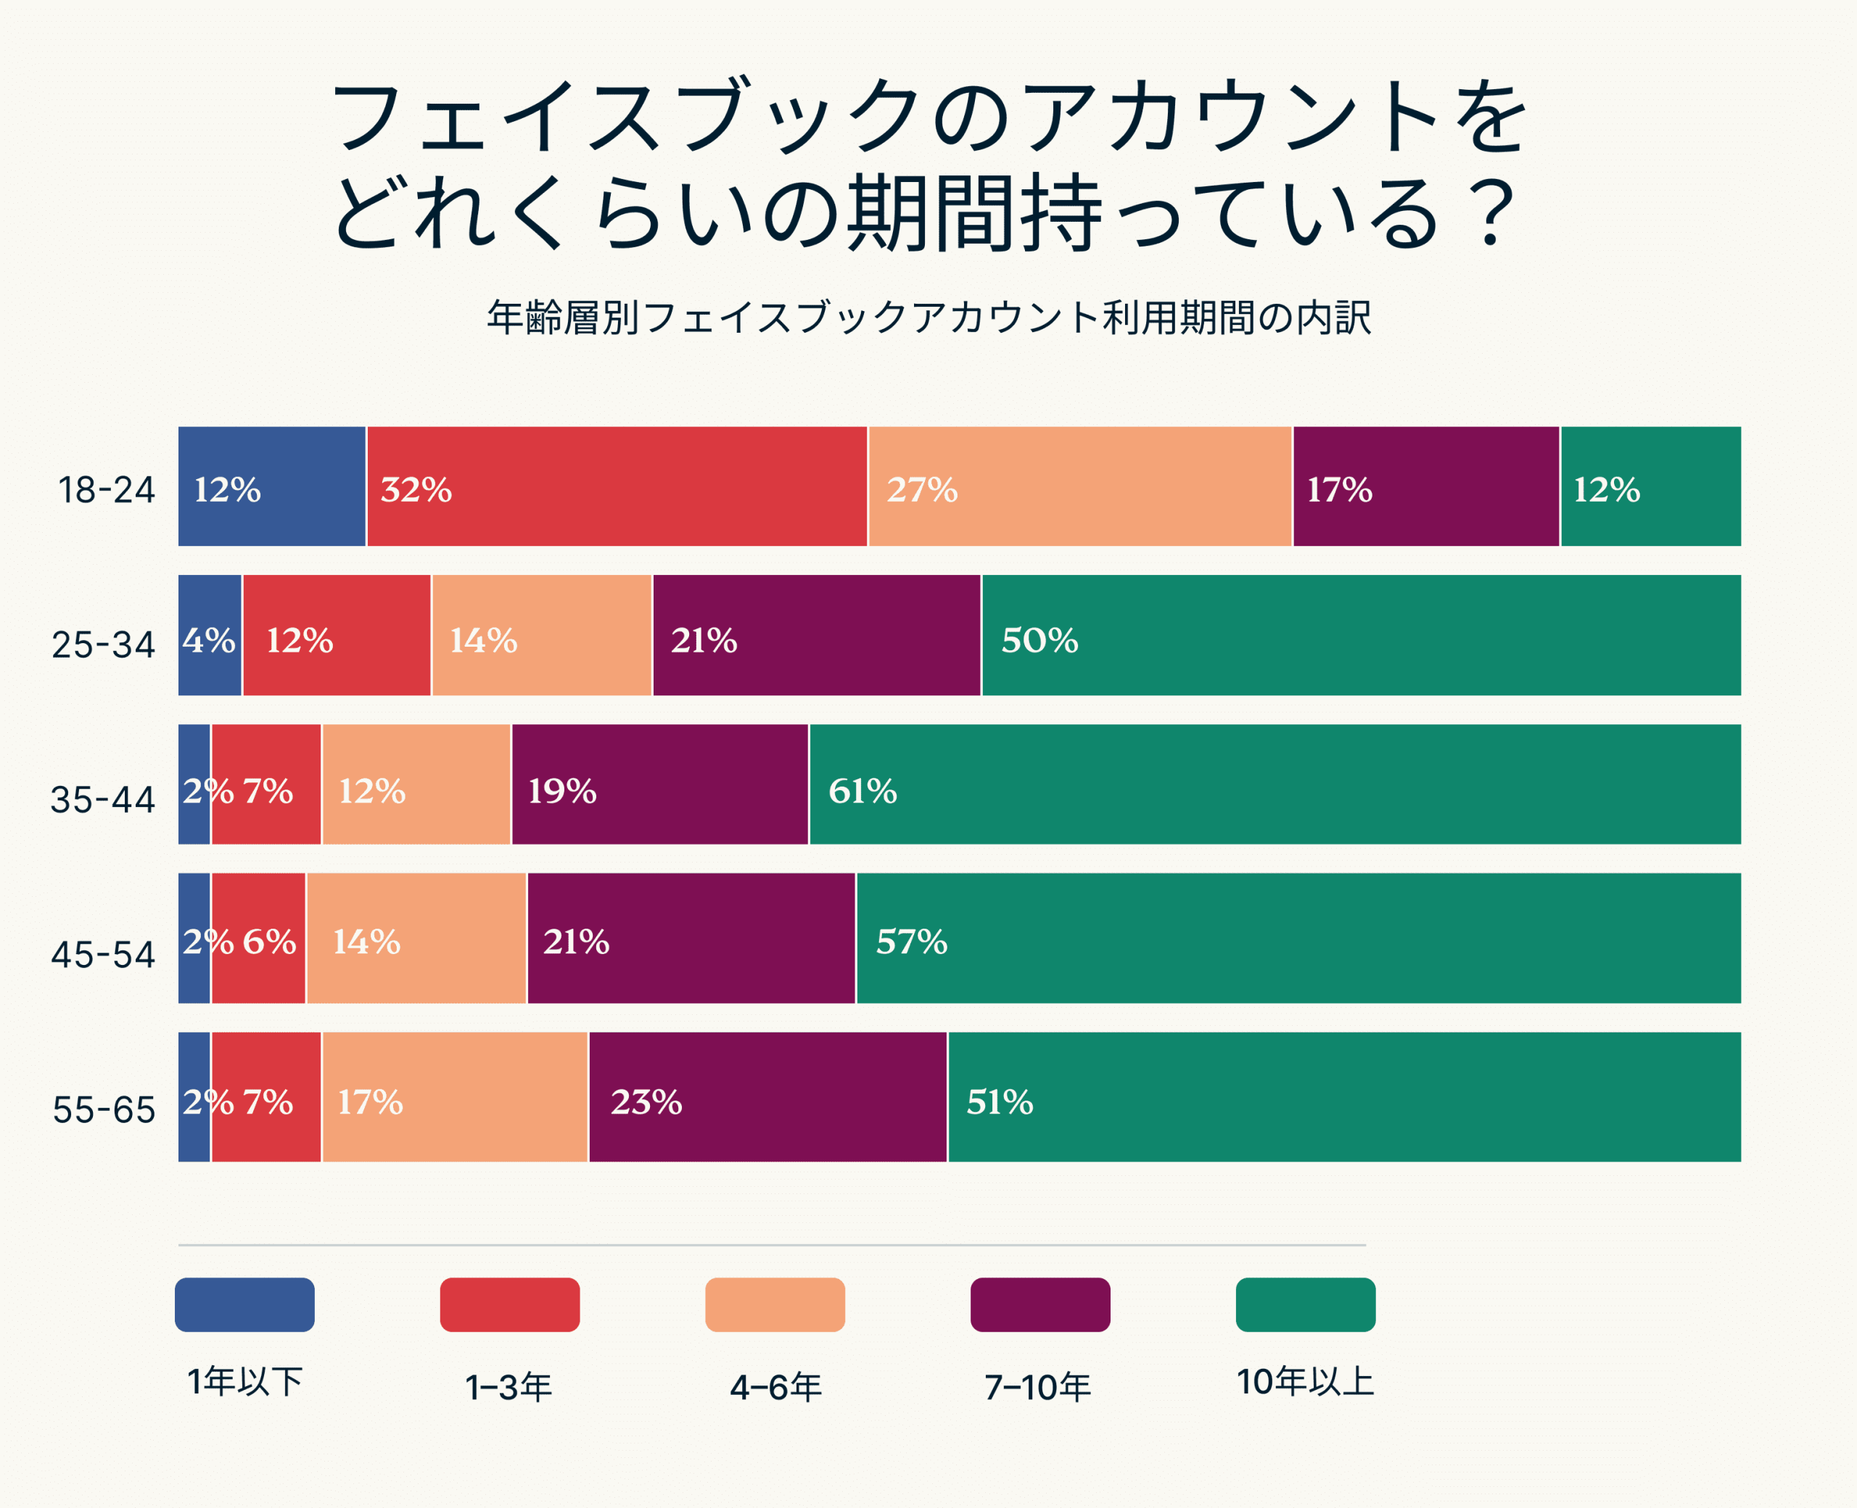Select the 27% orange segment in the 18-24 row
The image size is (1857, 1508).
tap(1079, 486)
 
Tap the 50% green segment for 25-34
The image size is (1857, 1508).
tap(1361, 635)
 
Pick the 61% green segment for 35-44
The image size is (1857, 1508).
tap(1275, 784)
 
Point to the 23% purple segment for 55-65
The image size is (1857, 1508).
tap(767, 1097)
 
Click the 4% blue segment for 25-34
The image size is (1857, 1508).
tap(210, 635)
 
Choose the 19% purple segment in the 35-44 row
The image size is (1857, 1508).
tap(659, 784)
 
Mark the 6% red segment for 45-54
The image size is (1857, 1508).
tap(259, 938)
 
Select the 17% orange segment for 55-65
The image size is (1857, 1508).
tap(455, 1097)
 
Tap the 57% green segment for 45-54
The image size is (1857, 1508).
tap(1298, 938)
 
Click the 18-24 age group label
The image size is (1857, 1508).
tap(106, 490)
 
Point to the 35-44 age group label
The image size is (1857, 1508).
tap(102, 799)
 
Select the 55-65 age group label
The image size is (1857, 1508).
tap(104, 1109)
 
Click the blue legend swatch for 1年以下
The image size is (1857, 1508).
tap(244, 1305)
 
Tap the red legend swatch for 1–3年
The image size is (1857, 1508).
tap(509, 1305)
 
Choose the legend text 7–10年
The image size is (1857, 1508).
tap(1037, 1387)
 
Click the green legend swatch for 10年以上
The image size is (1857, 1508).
tap(1305, 1305)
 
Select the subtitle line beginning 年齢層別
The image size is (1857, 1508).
tap(928, 318)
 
